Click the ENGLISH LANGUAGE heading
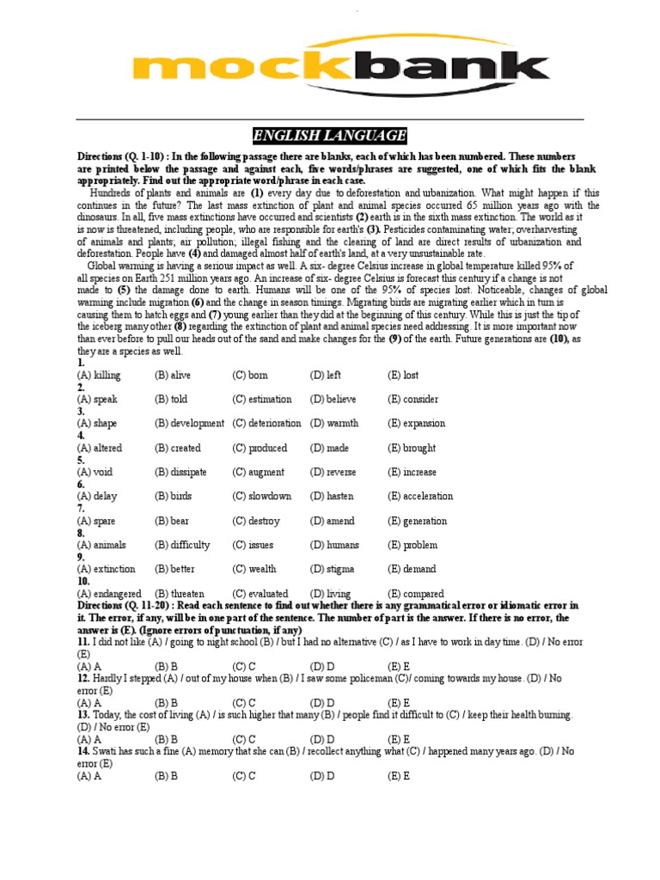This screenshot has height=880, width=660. coord(329,136)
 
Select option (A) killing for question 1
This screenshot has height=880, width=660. coord(99,376)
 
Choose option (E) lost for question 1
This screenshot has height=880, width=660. coord(403,376)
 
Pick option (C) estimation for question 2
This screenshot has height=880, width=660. coord(261,400)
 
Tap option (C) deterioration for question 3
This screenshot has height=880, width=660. coord(266,424)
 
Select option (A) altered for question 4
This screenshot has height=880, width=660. coord(101,448)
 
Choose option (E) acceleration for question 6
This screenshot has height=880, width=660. coord(420,496)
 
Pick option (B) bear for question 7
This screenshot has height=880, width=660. coord(173,521)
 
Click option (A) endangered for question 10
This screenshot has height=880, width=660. coord(110,594)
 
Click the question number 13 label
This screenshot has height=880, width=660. coord(83,715)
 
